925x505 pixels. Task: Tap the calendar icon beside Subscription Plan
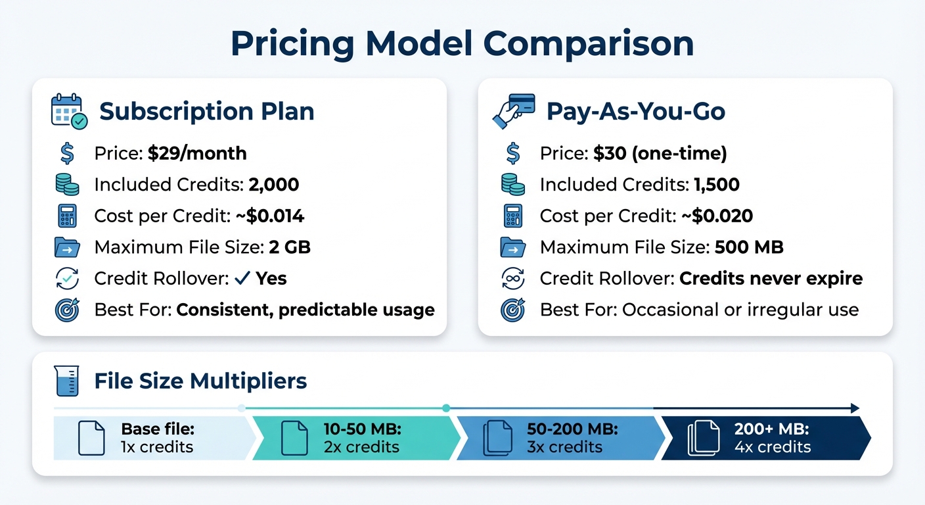click(69, 111)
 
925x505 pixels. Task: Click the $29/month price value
click(197, 154)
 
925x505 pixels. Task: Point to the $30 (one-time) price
click(660, 154)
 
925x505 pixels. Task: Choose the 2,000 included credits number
click(274, 185)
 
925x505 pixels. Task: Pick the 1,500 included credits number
click(717, 185)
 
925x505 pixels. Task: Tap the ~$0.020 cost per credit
click(716, 216)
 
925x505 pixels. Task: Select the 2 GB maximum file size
click(290, 247)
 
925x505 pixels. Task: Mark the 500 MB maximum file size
click(749, 247)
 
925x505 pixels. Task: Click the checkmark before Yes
click(242, 278)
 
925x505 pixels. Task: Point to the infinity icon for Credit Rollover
click(513, 279)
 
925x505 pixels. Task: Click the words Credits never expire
click(771, 278)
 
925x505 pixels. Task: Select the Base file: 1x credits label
click(158, 438)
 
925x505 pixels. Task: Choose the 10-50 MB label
click(362, 429)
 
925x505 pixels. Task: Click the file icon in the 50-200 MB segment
click(497, 438)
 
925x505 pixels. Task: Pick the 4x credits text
click(773, 447)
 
